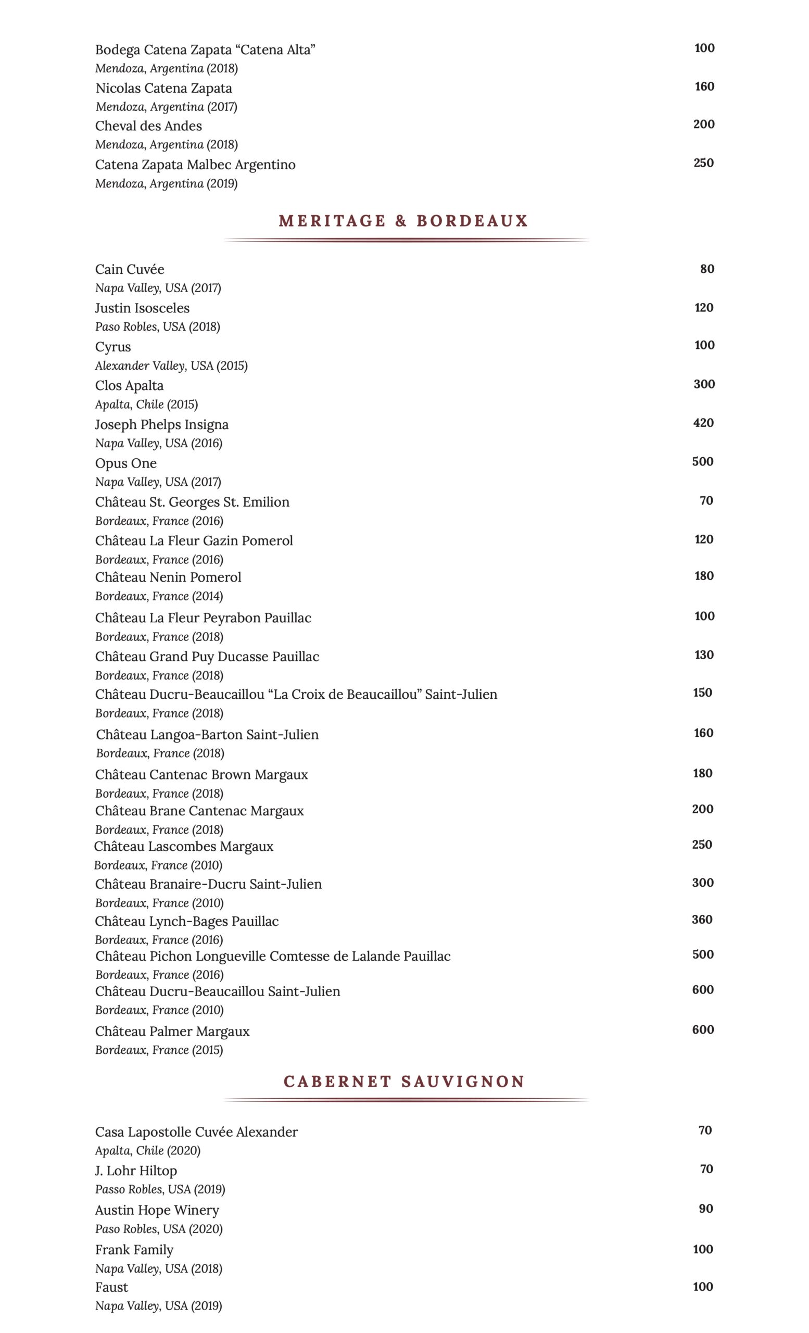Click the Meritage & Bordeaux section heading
click(403, 221)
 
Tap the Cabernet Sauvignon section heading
click(404, 1082)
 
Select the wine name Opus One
click(125, 463)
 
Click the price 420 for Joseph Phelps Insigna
click(703, 423)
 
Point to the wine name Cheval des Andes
click(148, 126)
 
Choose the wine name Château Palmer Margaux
click(172, 1031)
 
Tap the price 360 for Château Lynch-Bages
click(701, 920)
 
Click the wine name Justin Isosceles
click(142, 308)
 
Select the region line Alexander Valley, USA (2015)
click(171, 366)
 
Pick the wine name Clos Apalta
click(129, 386)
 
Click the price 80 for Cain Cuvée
click(707, 269)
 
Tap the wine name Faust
click(111, 1287)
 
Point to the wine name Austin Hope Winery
click(157, 1210)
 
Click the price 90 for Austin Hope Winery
click(705, 1209)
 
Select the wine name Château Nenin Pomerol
click(168, 577)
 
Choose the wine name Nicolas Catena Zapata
click(163, 88)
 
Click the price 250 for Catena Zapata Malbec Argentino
click(703, 163)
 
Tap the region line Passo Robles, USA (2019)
click(160, 1189)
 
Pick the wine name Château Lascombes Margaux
click(183, 847)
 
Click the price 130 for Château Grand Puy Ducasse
click(703, 655)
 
